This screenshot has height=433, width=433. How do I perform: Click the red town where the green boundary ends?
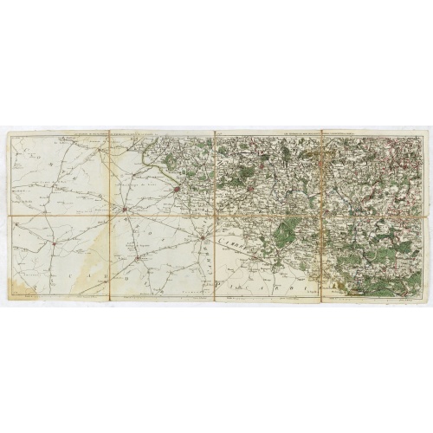pyautogui.click(x=177, y=187)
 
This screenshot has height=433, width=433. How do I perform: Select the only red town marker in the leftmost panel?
pyautogui.click(x=54, y=242)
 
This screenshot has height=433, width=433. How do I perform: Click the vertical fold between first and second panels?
pyautogui.click(x=110, y=216)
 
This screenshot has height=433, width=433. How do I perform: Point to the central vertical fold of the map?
pyautogui.click(x=215, y=216)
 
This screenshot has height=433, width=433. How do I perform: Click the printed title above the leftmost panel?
pyautogui.click(x=61, y=133)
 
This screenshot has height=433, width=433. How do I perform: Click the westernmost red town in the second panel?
pyautogui.click(x=126, y=210)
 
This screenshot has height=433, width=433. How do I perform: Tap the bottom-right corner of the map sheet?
pyautogui.click(x=425, y=301)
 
